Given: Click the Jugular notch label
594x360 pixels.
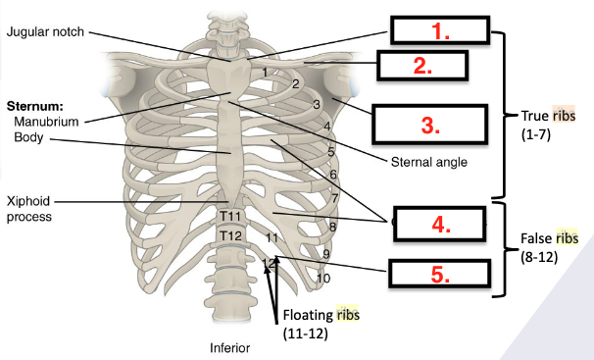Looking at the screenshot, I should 49,31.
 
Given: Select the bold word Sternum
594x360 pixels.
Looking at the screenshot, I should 34,104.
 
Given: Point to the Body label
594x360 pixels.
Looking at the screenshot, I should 30,137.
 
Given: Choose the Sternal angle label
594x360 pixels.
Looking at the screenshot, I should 427,162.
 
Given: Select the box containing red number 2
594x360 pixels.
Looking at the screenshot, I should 421,66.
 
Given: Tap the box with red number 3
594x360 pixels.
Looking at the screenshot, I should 428,124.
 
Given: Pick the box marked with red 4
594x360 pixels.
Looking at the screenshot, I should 439,223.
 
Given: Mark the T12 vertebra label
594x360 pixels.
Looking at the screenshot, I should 230,235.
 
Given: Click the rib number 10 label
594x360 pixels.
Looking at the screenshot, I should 323,278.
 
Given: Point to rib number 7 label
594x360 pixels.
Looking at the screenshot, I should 336,198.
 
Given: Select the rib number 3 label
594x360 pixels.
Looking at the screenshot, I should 317,104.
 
